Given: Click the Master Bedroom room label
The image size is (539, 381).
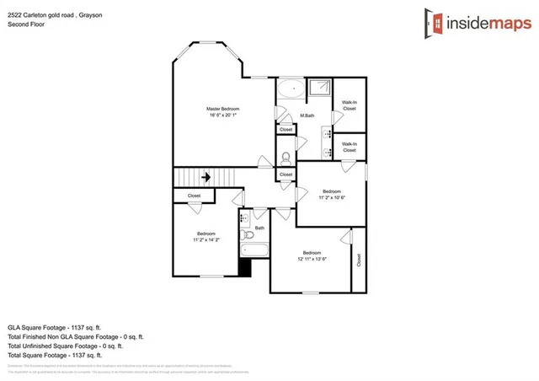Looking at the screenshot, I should pyautogui.click(x=223, y=109).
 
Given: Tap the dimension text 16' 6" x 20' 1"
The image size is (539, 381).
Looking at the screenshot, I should pyautogui.click(x=223, y=117).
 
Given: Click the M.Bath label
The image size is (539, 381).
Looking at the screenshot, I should pyautogui.click(x=307, y=115).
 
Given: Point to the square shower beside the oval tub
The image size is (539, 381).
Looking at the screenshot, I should pyautogui.click(x=318, y=89).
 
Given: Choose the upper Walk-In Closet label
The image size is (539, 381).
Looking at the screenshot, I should pyautogui.click(x=350, y=106).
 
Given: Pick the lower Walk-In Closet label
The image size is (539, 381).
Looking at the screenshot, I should pyautogui.click(x=350, y=147).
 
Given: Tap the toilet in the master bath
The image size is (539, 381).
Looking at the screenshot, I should pyautogui.click(x=286, y=157).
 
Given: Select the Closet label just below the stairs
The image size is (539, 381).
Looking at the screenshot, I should pyautogui.click(x=194, y=196).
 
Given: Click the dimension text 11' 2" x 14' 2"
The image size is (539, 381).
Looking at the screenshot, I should pyautogui.click(x=206, y=240).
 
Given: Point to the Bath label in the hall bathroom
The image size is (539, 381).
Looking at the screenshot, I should pyautogui.click(x=260, y=228).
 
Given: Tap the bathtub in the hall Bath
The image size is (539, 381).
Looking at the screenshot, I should pyautogui.click(x=253, y=250).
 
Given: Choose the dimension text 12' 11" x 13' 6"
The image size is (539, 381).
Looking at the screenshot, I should pyautogui.click(x=312, y=260).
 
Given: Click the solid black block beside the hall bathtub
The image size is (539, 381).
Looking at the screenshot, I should pyautogui.click(x=245, y=267).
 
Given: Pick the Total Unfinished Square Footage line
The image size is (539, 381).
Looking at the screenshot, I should pyautogui.click(x=66, y=346).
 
